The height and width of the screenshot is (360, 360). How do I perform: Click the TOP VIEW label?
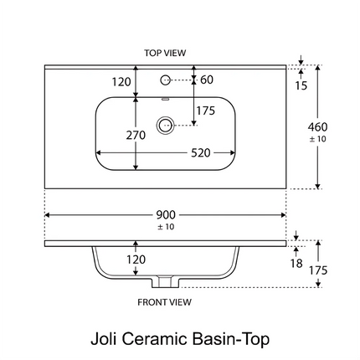coord(165,53)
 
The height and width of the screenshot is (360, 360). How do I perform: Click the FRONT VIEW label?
coord(164,302)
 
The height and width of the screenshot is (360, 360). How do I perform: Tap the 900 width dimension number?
coord(166,215)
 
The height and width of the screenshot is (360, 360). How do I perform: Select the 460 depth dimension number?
coord(317,127)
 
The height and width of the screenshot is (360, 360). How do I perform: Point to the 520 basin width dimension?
coord(200,153)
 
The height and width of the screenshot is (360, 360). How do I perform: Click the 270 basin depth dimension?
coord(136,135)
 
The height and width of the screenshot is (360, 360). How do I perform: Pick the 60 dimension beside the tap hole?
coord(207,80)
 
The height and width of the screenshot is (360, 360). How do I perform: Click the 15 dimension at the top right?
coord(301,85)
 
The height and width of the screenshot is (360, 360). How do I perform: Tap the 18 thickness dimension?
coord(296,263)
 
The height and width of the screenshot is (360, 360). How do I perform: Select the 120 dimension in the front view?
coord(136,260)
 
